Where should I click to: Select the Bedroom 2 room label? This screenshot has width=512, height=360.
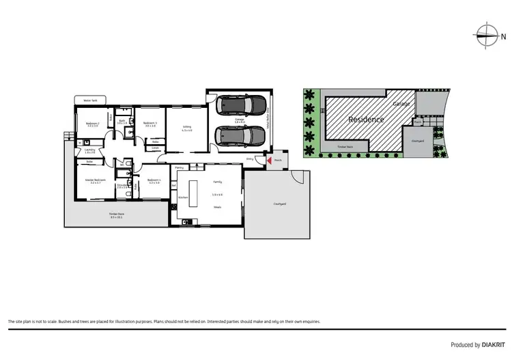(92, 124)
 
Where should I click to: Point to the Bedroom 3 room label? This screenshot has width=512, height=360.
(150, 124)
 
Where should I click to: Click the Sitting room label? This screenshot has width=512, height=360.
(187, 127)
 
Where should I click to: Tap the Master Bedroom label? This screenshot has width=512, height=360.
(92, 181)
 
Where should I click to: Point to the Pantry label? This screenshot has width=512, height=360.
(180, 167)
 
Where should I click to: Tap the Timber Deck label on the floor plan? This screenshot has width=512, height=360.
(116, 215)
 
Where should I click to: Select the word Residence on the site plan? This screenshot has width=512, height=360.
(367, 120)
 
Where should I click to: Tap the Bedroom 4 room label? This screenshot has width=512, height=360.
(153, 181)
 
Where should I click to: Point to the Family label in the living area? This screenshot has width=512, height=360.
(218, 182)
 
